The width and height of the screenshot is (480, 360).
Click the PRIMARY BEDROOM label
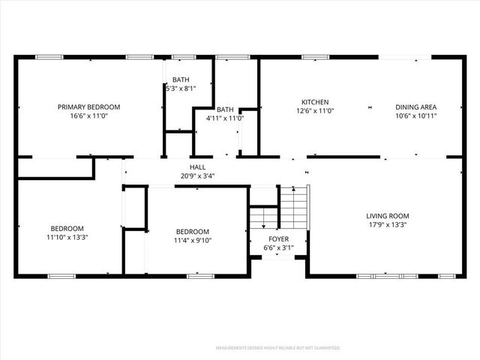click(x=88, y=107)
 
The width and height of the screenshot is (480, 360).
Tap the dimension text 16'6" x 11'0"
click(x=88, y=116)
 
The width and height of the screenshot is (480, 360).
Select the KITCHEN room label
click(x=315, y=102)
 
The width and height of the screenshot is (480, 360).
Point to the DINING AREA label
click(x=416, y=107)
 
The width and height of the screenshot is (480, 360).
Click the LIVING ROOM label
click(x=388, y=216)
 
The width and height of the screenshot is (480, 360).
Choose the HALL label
click(x=198, y=167)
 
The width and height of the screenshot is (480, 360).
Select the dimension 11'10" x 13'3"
click(x=67, y=238)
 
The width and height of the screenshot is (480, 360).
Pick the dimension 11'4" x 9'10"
click(x=193, y=241)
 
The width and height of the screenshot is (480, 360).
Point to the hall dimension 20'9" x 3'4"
click(x=198, y=176)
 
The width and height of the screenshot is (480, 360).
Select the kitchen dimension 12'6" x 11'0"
click(x=315, y=111)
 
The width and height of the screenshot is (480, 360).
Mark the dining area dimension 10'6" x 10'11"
click(x=416, y=116)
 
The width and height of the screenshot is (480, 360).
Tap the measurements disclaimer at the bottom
click(x=278, y=348)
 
